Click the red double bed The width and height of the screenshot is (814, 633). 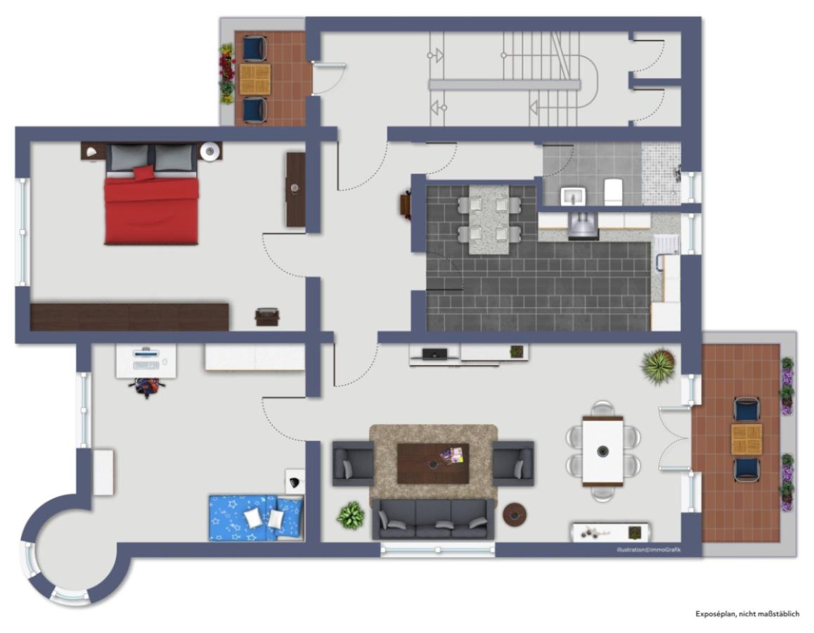pos(151,207)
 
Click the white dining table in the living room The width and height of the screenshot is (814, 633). pos(602,451)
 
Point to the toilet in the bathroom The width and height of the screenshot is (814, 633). pos(614,191)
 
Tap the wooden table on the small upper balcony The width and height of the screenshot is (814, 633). pos(254,79)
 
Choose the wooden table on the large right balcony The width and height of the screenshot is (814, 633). pos(746,439)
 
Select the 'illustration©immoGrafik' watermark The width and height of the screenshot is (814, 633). pos(645,550)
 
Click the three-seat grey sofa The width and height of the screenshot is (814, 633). pos(433,519)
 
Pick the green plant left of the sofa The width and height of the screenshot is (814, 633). pos(350,516)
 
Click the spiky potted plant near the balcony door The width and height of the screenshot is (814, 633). pos(659,366)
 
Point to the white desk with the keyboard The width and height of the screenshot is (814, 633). pos(146,360)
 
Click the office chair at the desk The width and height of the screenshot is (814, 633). pos(146,386)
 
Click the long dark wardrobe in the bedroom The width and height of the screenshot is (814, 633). pos(130,316)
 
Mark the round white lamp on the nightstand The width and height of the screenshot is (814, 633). pos(209,151)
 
